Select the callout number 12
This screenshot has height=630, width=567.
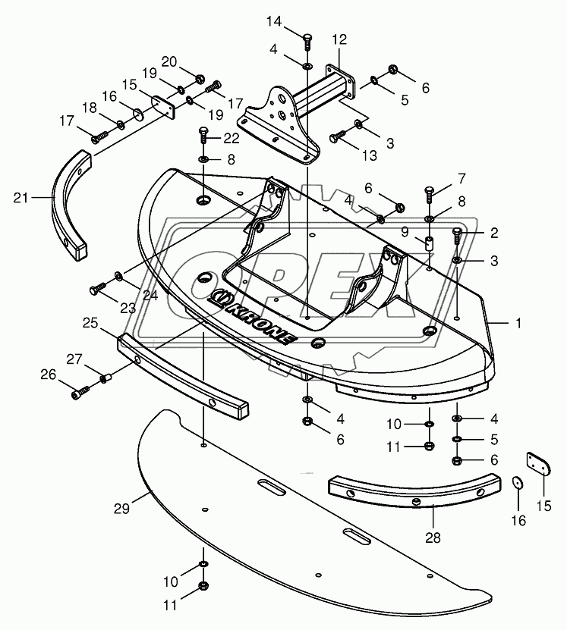coord(339,39)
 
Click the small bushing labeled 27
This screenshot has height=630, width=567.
coord(107,377)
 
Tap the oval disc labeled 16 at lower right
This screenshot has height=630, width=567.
coord(518,484)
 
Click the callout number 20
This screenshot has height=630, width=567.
coord(169,61)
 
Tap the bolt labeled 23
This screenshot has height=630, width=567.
coord(96,288)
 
